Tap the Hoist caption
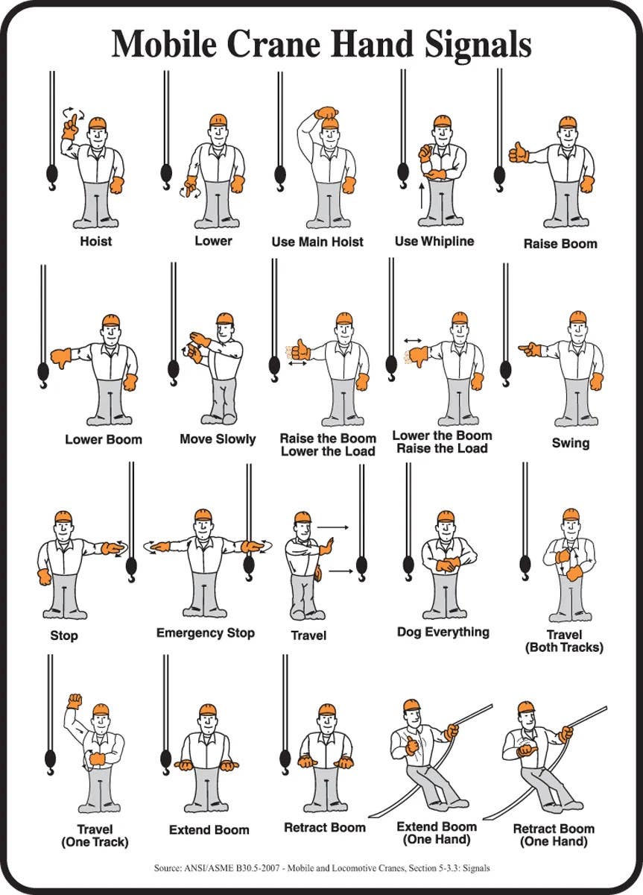pos(96,242)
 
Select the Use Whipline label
pos(434,242)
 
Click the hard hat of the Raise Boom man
pos(568,122)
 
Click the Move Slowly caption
pos(218,439)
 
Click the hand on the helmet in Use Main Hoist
pos(326,113)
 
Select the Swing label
pos(570,443)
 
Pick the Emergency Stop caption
pos(206,633)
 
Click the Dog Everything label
pos(443,632)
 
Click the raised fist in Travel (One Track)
pos(74,701)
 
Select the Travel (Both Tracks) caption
pos(564,641)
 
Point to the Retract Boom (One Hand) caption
pos(554,835)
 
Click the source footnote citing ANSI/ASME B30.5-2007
pos(321,868)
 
